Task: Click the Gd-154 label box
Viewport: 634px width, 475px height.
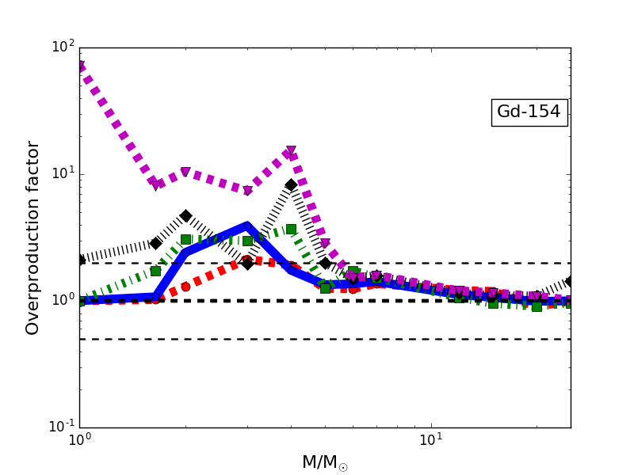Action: (529, 112)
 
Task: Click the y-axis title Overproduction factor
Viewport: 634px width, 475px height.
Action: (32, 237)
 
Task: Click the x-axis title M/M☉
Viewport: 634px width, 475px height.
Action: (325, 462)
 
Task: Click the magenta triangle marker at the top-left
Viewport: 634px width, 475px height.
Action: (79, 66)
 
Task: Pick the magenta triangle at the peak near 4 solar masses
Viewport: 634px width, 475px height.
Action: (291, 150)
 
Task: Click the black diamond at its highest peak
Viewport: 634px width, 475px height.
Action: (291, 185)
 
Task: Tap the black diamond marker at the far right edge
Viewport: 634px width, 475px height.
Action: (570, 281)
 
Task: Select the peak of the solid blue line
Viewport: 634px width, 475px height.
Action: (247, 226)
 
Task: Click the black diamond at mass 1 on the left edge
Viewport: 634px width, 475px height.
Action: (79, 260)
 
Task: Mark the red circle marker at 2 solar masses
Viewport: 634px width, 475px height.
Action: (185, 287)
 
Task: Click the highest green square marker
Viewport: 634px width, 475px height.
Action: (291, 229)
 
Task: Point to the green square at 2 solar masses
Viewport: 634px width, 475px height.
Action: (185, 239)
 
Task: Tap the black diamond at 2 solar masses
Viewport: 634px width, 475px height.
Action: (185, 216)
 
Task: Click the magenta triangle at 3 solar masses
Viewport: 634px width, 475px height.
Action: (247, 191)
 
